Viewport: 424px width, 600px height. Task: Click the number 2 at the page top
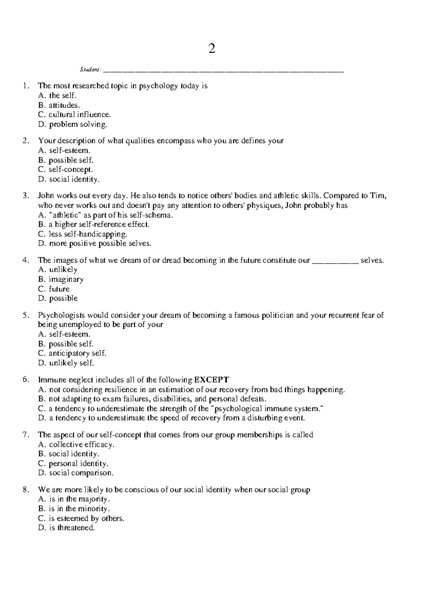tap(212, 49)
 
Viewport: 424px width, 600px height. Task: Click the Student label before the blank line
tap(90, 69)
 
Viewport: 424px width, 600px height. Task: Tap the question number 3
tap(25, 196)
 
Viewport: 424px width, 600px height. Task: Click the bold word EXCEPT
tap(212, 380)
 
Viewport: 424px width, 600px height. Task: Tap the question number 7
tap(25, 435)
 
